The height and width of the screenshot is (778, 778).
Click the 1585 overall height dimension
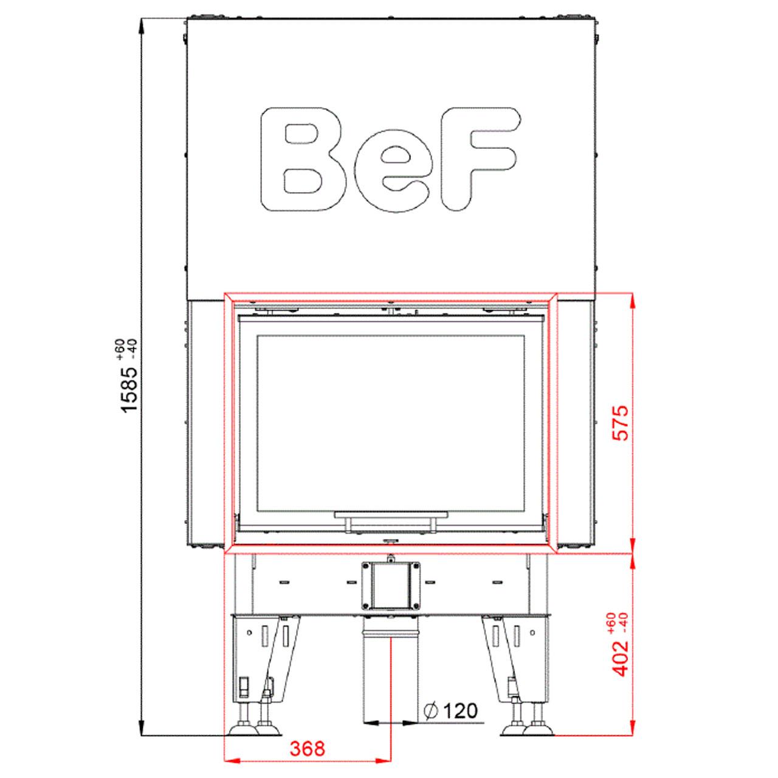tap(130, 389)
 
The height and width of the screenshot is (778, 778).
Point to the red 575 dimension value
tap(621, 422)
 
